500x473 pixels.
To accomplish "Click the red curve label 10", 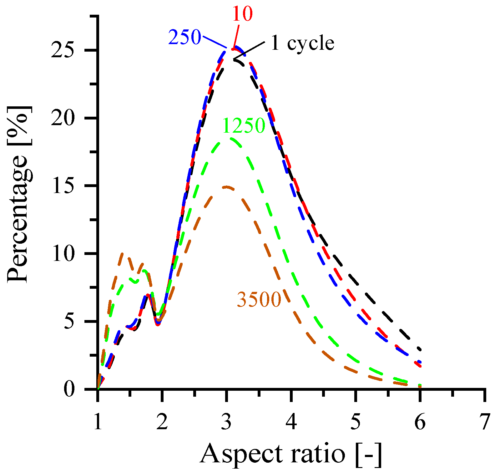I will tap(242, 14).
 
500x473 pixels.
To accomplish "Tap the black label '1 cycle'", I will tap(302, 43).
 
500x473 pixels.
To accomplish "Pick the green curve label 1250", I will tap(244, 126).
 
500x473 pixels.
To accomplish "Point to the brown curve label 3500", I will tap(259, 299).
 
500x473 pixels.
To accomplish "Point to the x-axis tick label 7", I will tap(485, 422).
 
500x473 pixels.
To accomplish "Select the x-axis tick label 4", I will tap(291, 422).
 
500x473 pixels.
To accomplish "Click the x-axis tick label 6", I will tap(420, 422).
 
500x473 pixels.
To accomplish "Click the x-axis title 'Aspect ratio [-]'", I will tap(291, 454).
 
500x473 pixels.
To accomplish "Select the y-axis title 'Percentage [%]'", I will tap(19, 194).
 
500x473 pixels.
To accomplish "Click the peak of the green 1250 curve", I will tap(231, 139).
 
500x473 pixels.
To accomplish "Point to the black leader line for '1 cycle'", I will tap(250, 50).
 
